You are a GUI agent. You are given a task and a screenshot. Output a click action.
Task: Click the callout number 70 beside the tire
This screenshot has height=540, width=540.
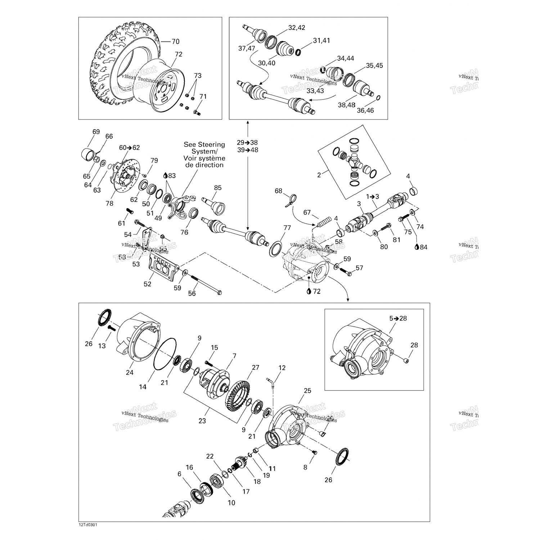[x=175, y=41]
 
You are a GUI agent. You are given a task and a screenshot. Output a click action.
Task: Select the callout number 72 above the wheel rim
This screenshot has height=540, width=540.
[x=179, y=54]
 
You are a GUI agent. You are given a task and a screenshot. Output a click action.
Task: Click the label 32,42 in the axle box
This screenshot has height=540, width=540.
[x=296, y=28]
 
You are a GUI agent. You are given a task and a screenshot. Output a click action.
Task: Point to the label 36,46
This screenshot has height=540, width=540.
[x=365, y=110]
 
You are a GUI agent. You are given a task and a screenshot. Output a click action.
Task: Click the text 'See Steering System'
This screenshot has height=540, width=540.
[x=204, y=148]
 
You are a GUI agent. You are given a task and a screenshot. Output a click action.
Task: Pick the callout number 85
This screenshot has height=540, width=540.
[x=217, y=188]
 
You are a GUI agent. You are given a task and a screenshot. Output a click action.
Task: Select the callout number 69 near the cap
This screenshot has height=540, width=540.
[x=96, y=132]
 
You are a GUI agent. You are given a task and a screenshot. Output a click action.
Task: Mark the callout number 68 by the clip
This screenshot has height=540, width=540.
[x=279, y=191]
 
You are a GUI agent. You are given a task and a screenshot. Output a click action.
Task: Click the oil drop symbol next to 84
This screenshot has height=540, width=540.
[x=417, y=247]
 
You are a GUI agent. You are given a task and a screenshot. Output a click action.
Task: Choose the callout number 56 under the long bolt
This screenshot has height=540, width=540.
[x=192, y=293]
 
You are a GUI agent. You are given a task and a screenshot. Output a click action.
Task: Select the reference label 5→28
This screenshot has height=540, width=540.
[x=398, y=318]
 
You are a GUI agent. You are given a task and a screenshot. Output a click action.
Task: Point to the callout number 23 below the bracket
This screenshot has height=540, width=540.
[x=202, y=420]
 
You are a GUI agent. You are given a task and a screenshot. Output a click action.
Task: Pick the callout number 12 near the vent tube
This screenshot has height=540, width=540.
[x=282, y=368]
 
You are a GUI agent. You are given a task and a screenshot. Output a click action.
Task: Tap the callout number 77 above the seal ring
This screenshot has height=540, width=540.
[x=287, y=228]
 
